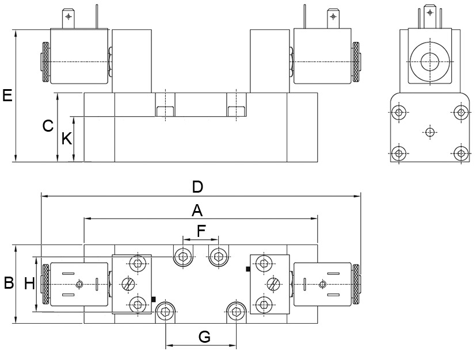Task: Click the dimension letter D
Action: pyautogui.click(x=197, y=187)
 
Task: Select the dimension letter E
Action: pyautogui.click(x=7, y=95)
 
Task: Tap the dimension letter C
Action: pyautogui.click(x=48, y=126)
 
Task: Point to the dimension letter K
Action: pyautogui.click(x=67, y=139)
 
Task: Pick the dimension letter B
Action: pyautogui.click(x=9, y=284)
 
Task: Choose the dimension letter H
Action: pyautogui.click(x=30, y=283)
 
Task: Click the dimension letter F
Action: pyautogui.click(x=201, y=231)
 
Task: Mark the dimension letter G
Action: pyautogui.click(x=204, y=337)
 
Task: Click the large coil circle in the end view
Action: pyautogui.click(x=429, y=60)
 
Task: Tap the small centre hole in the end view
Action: pyautogui.click(x=429, y=132)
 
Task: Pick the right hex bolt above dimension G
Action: pyautogui.click(x=236, y=312)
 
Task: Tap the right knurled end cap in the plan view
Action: pyautogui.click(x=356, y=285)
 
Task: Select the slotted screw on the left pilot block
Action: pyautogui.click(x=128, y=284)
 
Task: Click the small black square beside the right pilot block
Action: pyautogui.click(x=247, y=269)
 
